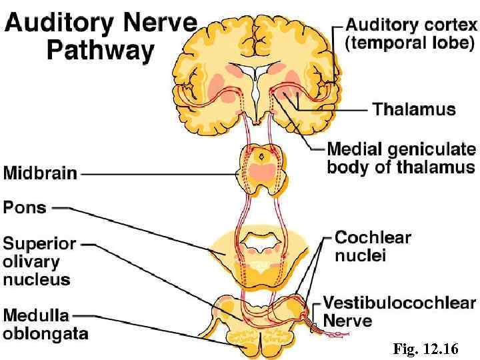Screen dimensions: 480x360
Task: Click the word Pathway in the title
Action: pos(100,51)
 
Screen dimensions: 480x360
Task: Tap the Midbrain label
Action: pos(40,173)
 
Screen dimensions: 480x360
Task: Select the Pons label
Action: pos(25,207)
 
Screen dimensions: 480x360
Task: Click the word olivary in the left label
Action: pos(31,261)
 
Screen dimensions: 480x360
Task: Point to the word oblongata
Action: pos(45,331)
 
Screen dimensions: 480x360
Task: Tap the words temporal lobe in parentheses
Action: pos(410,44)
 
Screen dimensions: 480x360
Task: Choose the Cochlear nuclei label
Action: pos(372,246)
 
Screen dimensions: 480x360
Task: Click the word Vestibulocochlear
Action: pos(399,303)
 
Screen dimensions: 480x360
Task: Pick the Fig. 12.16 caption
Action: pos(425,348)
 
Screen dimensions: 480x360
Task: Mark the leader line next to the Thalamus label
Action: pos(333,108)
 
